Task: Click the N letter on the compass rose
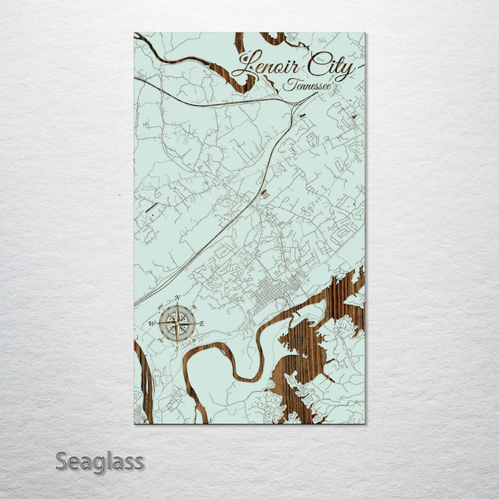(x=177, y=299)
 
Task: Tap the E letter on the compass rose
(x=202, y=324)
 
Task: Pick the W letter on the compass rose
(x=151, y=324)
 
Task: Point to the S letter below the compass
(x=177, y=349)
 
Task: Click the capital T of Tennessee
(x=287, y=85)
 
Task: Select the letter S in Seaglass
(x=61, y=461)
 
